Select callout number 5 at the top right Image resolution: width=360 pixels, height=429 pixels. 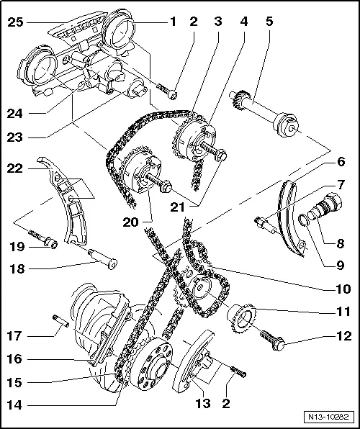click(269, 22)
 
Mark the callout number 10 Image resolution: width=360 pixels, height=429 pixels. click(341, 290)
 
